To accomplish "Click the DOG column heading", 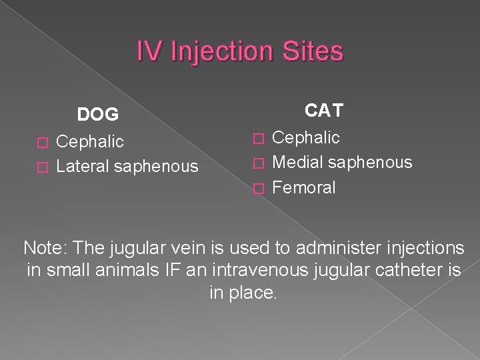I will click(98, 115).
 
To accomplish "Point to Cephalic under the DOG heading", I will click(90, 141).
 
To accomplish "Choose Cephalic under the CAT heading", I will click(306, 137).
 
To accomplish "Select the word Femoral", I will click(304, 187).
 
